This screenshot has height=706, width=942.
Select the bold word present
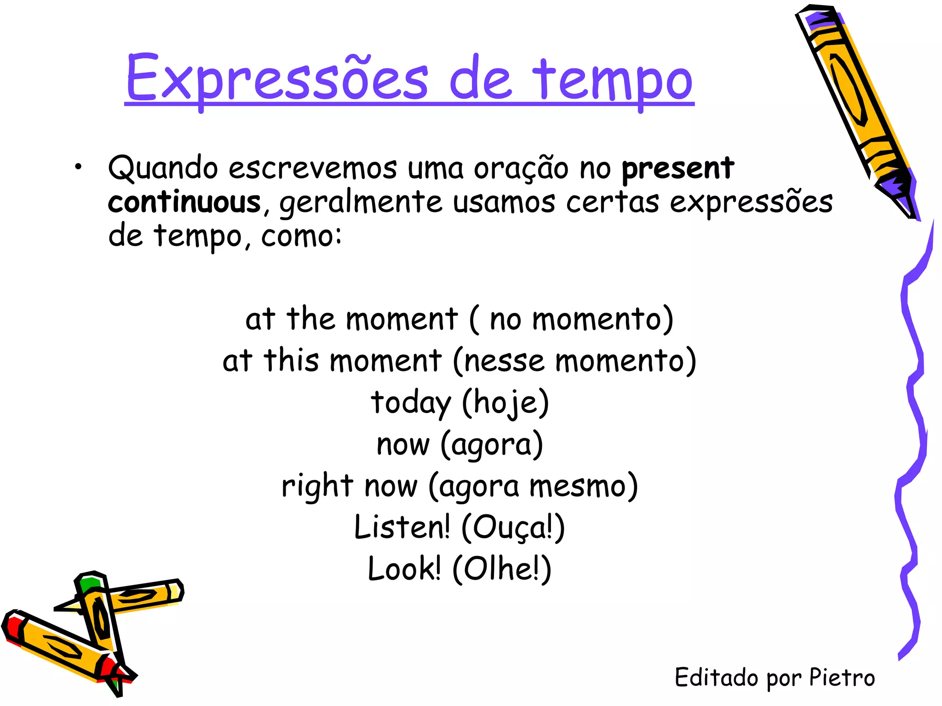678,169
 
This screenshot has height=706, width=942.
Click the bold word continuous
184,202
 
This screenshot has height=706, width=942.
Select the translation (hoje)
505,403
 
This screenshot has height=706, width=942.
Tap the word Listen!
402,528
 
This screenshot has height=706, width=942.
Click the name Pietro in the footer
841,678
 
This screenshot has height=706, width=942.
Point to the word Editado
716,678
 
